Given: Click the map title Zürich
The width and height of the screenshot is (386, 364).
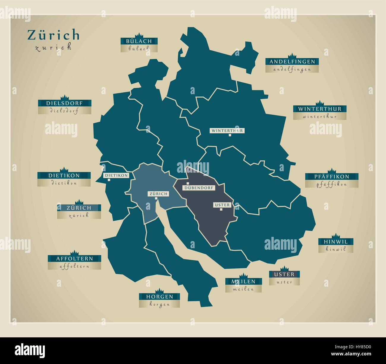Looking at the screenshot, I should pos(54,35).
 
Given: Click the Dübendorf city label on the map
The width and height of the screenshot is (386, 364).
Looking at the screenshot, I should pos(196,188).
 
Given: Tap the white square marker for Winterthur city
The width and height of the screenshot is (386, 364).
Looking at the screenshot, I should pos(230,135).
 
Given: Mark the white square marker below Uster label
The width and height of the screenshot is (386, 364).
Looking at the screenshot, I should pos(221,209).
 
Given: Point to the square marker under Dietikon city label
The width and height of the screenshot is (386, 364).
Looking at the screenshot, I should pos(109,180).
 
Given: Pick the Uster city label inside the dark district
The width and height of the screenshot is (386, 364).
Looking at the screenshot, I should pos(222,205).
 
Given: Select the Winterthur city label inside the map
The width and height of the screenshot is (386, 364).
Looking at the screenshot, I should pos(227,130).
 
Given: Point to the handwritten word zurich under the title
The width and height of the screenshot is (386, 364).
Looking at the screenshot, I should pos(53,47).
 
